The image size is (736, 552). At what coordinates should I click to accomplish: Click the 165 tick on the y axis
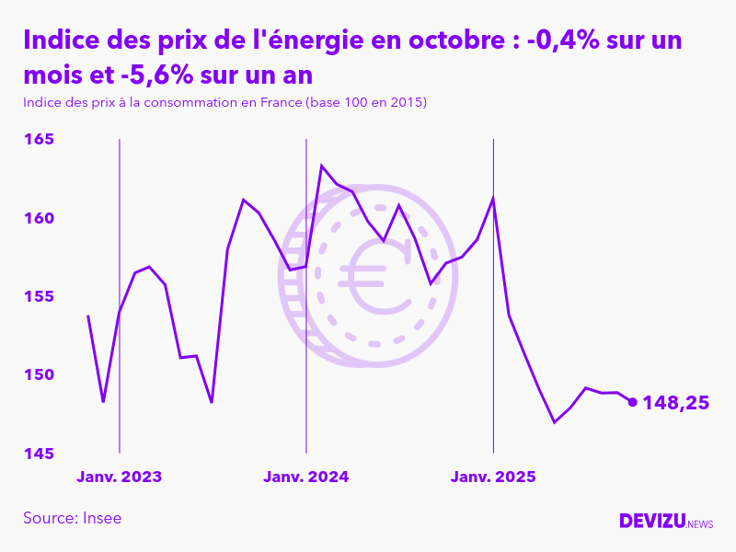tap(39, 140)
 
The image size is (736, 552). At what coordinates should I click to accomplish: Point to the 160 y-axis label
tap(39, 219)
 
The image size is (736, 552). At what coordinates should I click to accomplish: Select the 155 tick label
tap(39, 297)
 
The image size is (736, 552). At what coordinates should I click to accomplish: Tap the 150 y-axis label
tap(39, 375)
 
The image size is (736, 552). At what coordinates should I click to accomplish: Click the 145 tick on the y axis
tap(39, 454)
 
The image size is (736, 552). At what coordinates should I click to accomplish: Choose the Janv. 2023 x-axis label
tap(119, 477)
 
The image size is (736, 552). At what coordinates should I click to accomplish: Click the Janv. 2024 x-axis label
tap(305, 477)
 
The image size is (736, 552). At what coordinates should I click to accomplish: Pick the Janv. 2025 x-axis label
tap(493, 477)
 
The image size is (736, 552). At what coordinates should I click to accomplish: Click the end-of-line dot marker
tap(632, 401)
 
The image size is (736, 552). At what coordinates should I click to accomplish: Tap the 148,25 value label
tap(675, 403)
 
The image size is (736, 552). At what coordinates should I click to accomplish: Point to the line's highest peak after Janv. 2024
tap(321, 166)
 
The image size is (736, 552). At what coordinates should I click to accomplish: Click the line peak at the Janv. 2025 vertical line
tap(493, 198)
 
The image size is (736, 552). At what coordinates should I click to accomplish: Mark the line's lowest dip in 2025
tap(555, 422)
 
